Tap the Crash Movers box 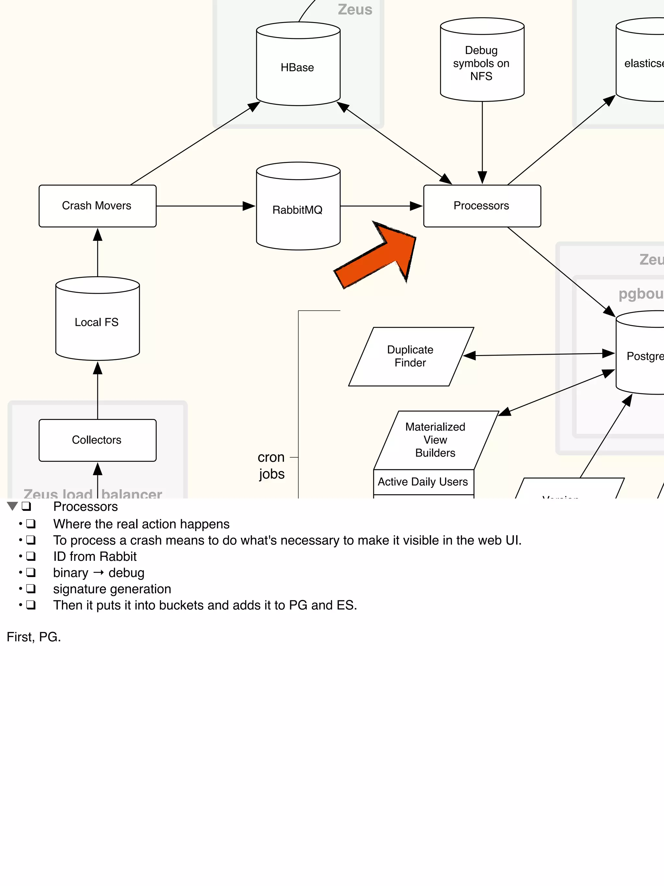click(x=97, y=205)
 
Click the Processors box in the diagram click(x=482, y=205)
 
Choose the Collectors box click(x=97, y=440)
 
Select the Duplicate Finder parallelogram click(x=411, y=356)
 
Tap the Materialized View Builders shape click(x=435, y=439)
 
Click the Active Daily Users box click(x=423, y=482)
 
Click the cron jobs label click(x=271, y=465)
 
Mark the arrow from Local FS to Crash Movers click(x=98, y=252)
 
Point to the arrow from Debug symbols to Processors click(x=482, y=140)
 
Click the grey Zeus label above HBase click(x=355, y=10)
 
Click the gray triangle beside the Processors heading click(x=12, y=506)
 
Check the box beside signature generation click(x=31, y=588)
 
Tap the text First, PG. click(x=34, y=637)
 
